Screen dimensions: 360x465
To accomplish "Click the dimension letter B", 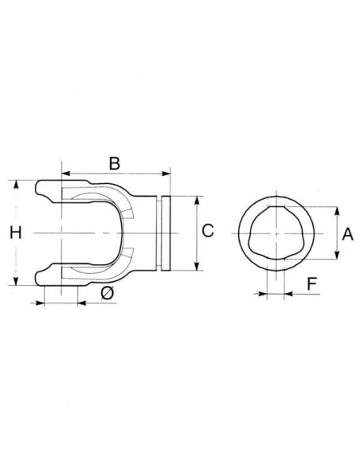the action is (x=115, y=163).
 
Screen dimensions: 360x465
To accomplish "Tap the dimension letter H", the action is (x=16, y=232).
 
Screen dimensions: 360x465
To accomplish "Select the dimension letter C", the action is (x=208, y=230).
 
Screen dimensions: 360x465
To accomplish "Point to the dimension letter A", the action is (x=347, y=234).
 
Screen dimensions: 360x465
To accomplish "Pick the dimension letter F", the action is (x=311, y=283).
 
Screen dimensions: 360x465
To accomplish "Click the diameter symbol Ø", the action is (x=107, y=293).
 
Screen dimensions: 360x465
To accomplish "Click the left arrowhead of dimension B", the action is (x=65, y=174).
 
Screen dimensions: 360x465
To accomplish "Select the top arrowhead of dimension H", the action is (x=16, y=184).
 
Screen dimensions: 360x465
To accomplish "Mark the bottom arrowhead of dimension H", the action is (x=16, y=281).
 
